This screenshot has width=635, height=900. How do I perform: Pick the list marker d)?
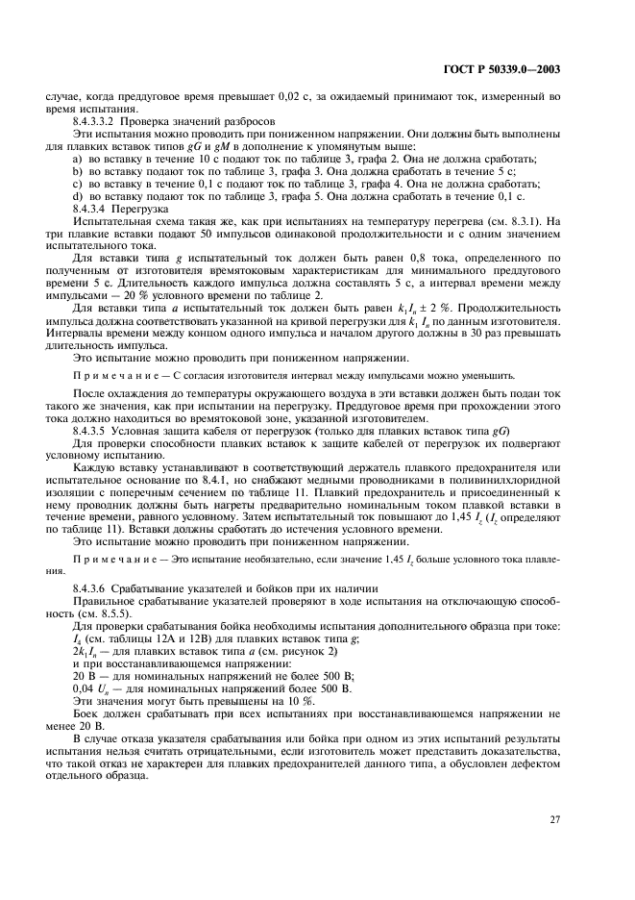pos(78,195)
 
